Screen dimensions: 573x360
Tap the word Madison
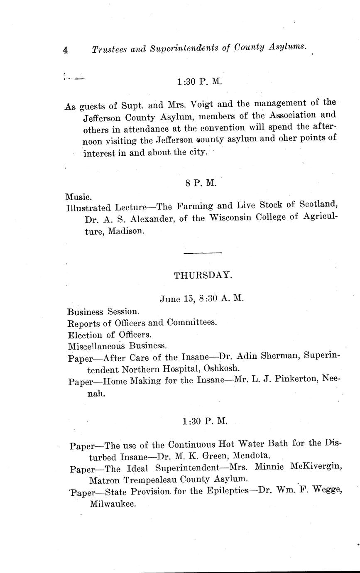[x=127, y=231]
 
